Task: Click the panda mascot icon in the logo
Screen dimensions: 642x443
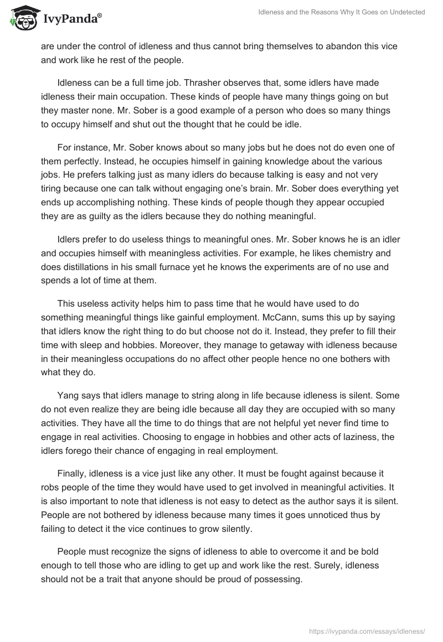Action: pos(23,19)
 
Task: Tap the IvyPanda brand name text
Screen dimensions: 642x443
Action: pos(72,20)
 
